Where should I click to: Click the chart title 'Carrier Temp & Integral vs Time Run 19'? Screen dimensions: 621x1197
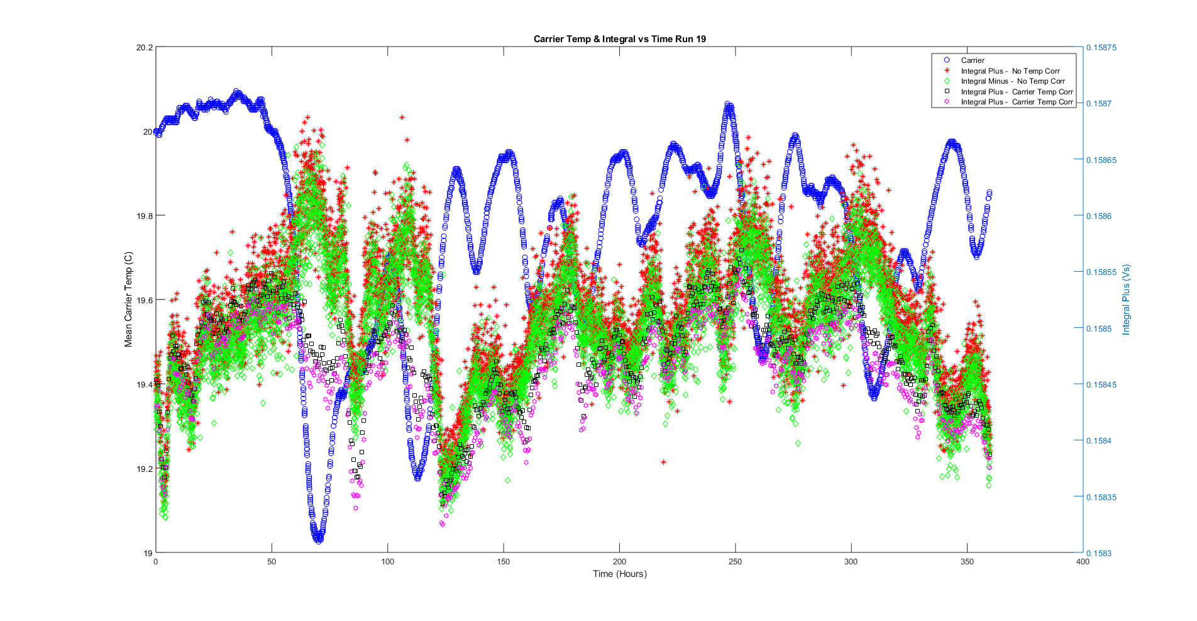pyautogui.click(x=619, y=39)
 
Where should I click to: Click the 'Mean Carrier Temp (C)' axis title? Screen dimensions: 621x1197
pyautogui.click(x=129, y=299)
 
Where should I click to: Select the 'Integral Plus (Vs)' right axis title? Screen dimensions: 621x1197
pyautogui.click(x=1126, y=299)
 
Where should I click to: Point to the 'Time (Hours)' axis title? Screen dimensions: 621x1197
pyautogui.click(x=619, y=574)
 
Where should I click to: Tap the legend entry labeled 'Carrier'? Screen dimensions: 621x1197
pyautogui.click(x=973, y=60)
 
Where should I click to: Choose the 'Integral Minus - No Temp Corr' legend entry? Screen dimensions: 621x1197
pyautogui.click(x=1013, y=81)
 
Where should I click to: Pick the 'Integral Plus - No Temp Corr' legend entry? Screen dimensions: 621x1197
pyautogui.click(x=1010, y=71)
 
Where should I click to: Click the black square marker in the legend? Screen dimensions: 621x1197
pyautogui.click(x=947, y=92)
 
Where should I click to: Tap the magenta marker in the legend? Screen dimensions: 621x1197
pyautogui.click(x=947, y=102)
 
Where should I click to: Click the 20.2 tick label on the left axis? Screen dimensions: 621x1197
pyautogui.click(x=144, y=47)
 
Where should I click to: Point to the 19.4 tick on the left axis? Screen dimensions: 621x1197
pyautogui.click(x=144, y=384)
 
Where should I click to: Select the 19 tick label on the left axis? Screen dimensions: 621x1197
pyautogui.click(x=148, y=553)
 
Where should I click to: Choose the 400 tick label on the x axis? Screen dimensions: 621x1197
pyautogui.click(x=1083, y=562)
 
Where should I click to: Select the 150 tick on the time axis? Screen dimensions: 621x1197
pyautogui.click(x=504, y=562)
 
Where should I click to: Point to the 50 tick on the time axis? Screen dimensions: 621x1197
pyautogui.click(x=272, y=562)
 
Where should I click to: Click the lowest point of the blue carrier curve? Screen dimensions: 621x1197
pyautogui.click(x=318, y=540)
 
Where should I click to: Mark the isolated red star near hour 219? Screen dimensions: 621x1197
pyautogui.click(x=664, y=462)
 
